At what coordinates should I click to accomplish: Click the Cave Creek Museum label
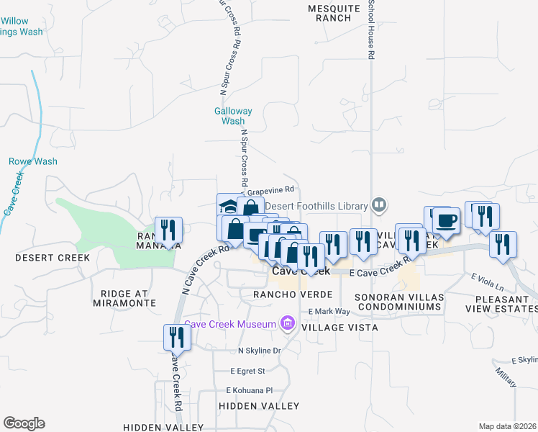coord(230,324)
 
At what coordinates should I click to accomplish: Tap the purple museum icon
coord(288,323)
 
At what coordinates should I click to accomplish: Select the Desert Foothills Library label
coord(316,205)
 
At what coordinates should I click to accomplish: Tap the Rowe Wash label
coord(33,162)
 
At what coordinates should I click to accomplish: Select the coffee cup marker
coord(446,220)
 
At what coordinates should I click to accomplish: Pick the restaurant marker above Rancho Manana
coord(169,230)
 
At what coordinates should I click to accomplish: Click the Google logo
coord(24,423)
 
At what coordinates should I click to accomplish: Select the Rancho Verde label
coord(292,295)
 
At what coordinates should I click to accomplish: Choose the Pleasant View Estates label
coord(501,303)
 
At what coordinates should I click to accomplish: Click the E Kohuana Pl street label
coord(249,390)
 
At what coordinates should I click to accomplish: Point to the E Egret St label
coord(248,372)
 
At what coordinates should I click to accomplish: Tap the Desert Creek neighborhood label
coord(53,257)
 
